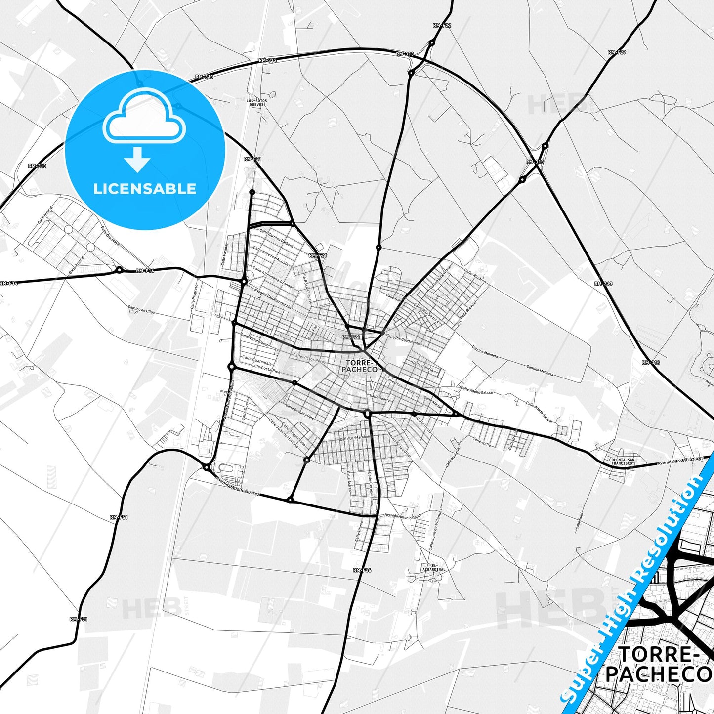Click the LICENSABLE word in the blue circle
pos(145,188)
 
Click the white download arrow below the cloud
pos(137,159)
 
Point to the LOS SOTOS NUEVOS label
pos(256,102)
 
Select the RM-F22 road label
pos(442,25)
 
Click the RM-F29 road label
pos(617,52)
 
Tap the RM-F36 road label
pos(362,570)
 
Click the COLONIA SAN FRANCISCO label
pos(622,462)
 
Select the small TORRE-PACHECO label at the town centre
pos(359,366)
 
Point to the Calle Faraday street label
pos(225,255)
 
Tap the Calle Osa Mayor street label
pos(111,236)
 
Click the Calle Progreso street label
pos(194,296)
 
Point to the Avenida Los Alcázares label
pos(679,461)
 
